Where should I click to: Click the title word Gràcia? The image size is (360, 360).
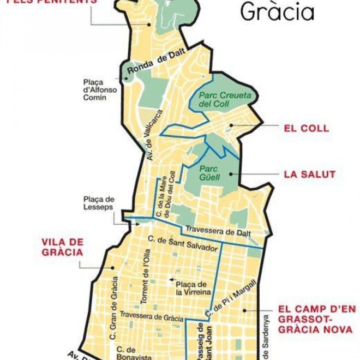click(x=277, y=11)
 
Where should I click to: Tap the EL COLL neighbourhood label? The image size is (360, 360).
click(x=307, y=129)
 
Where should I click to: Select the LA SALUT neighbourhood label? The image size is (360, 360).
click(x=309, y=175)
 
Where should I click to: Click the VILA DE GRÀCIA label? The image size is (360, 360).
click(x=62, y=247)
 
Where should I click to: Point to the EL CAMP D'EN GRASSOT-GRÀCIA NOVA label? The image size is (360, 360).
click(x=316, y=319)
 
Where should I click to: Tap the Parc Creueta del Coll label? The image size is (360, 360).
click(x=217, y=99)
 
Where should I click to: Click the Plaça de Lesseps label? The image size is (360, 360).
click(x=99, y=203)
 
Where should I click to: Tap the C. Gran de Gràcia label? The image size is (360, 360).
click(x=114, y=305)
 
